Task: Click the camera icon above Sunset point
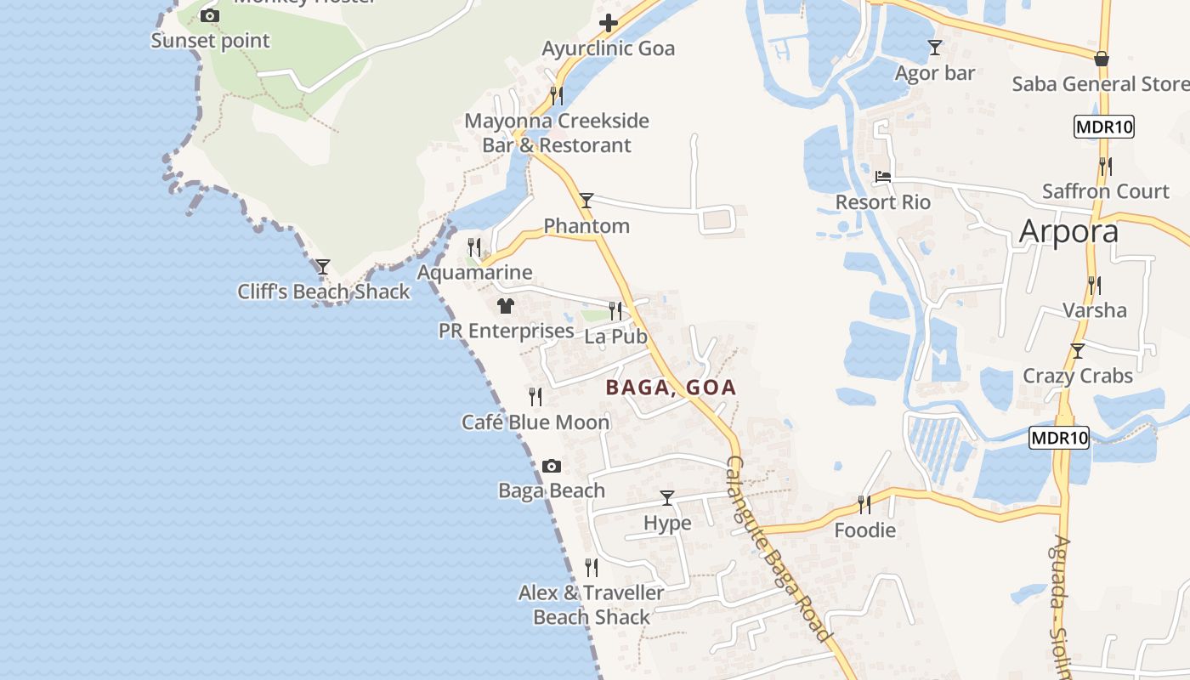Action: [210, 15]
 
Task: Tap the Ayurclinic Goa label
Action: [609, 48]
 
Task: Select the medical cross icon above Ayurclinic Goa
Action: [609, 23]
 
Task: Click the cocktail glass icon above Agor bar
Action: [935, 48]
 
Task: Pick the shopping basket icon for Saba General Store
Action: [1102, 59]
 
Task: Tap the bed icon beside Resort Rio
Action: [883, 177]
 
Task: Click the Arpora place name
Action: [1068, 230]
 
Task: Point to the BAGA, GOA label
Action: [671, 388]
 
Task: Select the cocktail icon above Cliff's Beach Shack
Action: [323, 266]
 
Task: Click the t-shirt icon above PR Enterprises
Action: [506, 305]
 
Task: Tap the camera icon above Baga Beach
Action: [552, 466]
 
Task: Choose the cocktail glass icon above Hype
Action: [667, 498]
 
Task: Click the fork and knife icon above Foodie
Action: [864, 505]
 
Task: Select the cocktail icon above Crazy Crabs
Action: [1078, 350]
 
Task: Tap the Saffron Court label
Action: [1106, 191]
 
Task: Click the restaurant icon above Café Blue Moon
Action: [535, 396]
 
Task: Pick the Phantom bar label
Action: [586, 226]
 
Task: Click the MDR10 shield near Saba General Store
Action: [1104, 127]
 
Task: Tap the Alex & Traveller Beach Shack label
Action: [592, 604]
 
